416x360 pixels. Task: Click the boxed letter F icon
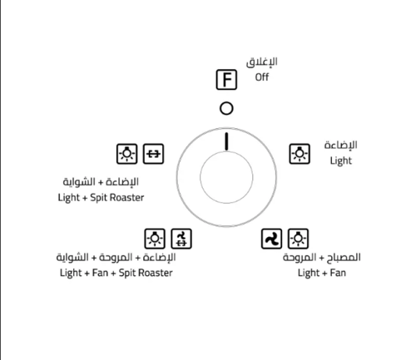pyautogui.click(x=226, y=80)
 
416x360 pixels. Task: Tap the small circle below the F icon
pyautogui.click(x=226, y=108)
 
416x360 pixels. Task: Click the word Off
pyautogui.click(x=262, y=77)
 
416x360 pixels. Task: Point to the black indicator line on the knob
pyautogui.click(x=226, y=141)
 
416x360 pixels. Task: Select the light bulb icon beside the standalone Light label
pyautogui.click(x=300, y=154)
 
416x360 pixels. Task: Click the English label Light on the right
pyautogui.click(x=341, y=160)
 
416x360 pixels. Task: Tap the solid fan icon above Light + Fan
pyautogui.click(x=271, y=239)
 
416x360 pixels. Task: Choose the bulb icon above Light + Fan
pyautogui.click(x=298, y=239)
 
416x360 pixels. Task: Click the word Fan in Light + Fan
pyautogui.click(x=338, y=273)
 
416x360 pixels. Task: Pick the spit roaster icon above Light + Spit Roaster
pyautogui.click(x=153, y=154)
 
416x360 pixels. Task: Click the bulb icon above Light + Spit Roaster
pyautogui.click(x=126, y=154)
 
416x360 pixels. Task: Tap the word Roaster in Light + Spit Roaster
pyautogui.click(x=129, y=198)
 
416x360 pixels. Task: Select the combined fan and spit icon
pyautogui.click(x=181, y=239)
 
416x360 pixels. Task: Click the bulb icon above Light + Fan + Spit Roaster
pyautogui.click(x=155, y=239)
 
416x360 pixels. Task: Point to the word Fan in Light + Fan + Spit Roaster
pyautogui.click(x=100, y=273)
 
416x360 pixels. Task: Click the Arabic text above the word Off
pyautogui.click(x=261, y=62)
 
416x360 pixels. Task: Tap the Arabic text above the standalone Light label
pyautogui.click(x=340, y=145)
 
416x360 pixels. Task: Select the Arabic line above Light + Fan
pyautogui.click(x=322, y=258)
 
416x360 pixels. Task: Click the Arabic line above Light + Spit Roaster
pyautogui.click(x=101, y=182)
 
